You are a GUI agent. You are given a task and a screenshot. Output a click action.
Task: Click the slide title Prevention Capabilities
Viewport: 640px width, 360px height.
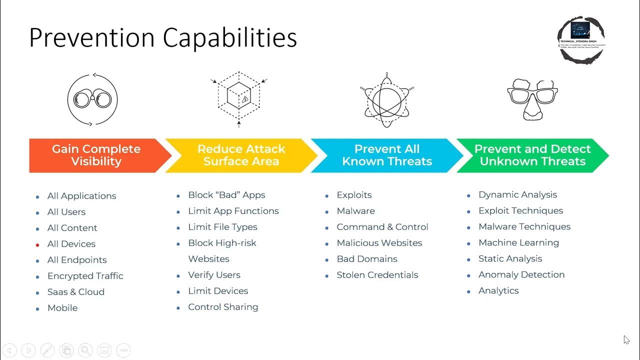click(163, 37)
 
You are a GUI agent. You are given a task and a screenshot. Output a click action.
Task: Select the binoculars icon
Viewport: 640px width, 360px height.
click(92, 98)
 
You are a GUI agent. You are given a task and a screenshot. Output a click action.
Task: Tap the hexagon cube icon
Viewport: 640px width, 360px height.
click(239, 98)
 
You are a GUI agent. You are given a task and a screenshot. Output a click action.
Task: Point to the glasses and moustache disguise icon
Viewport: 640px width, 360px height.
click(532, 98)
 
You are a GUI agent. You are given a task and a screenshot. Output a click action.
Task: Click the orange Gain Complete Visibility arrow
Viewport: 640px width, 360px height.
click(96, 155)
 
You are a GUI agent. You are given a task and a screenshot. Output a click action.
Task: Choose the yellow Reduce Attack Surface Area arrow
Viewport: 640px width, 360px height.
click(241, 155)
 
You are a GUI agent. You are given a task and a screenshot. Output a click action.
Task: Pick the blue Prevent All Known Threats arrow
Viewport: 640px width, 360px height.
click(386, 155)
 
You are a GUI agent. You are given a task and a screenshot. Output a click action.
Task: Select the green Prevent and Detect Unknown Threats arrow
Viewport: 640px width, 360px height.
click(532, 155)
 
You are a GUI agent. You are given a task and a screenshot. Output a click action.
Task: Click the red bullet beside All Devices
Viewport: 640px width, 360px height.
click(37, 245)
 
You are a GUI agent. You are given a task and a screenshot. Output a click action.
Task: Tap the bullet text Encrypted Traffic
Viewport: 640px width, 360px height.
click(85, 276)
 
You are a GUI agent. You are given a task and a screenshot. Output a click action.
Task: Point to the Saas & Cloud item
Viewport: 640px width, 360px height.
click(76, 292)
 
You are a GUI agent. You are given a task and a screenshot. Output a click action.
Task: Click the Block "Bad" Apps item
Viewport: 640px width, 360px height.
click(226, 195)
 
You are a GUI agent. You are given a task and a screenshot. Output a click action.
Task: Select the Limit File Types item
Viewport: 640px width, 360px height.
click(222, 227)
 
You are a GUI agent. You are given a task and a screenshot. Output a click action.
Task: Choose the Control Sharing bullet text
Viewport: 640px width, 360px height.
click(223, 307)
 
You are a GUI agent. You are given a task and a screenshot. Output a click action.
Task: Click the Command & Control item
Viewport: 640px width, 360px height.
click(382, 227)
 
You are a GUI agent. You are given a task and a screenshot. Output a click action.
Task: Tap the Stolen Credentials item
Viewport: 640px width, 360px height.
click(377, 275)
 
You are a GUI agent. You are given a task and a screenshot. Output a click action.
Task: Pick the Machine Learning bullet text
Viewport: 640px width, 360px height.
click(518, 242)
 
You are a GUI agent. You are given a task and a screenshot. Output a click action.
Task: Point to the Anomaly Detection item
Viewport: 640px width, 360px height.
click(521, 274)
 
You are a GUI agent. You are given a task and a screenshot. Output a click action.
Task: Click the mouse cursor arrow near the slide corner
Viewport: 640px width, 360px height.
click(626, 340)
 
